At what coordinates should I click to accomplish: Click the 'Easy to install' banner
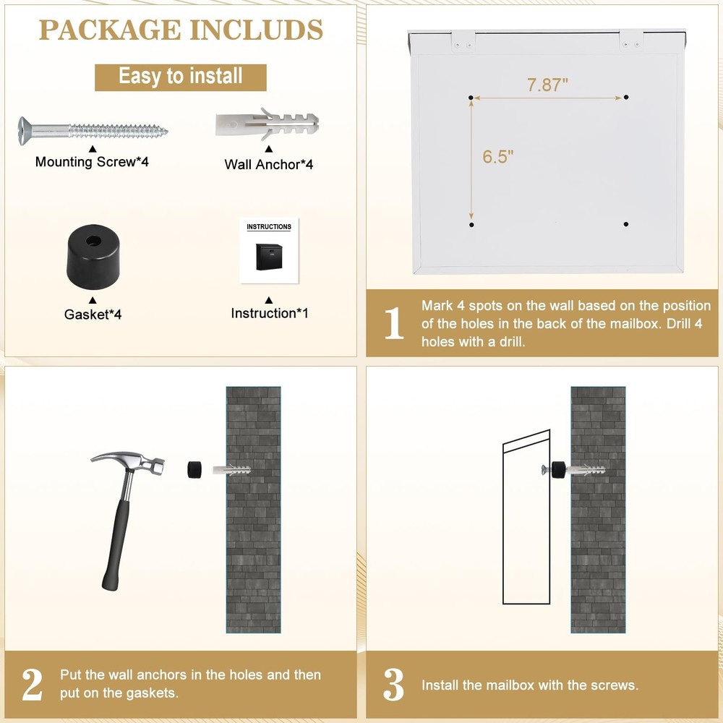(x=181, y=77)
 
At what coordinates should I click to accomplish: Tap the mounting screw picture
(x=93, y=130)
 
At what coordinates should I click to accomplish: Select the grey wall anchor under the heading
(x=268, y=125)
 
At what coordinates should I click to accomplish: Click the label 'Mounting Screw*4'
(x=92, y=162)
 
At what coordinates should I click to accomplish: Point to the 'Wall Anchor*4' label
(x=269, y=165)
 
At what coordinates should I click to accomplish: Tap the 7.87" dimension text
(x=547, y=85)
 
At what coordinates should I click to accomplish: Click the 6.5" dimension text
(x=498, y=158)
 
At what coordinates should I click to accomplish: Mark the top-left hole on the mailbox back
(x=471, y=97)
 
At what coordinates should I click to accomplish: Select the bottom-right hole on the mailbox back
(x=626, y=224)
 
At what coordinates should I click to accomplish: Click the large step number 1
(x=394, y=323)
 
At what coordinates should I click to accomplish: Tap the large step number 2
(x=33, y=685)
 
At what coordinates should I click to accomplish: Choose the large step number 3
(x=394, y=685)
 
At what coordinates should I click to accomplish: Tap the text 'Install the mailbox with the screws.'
(x=530, y=685)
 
